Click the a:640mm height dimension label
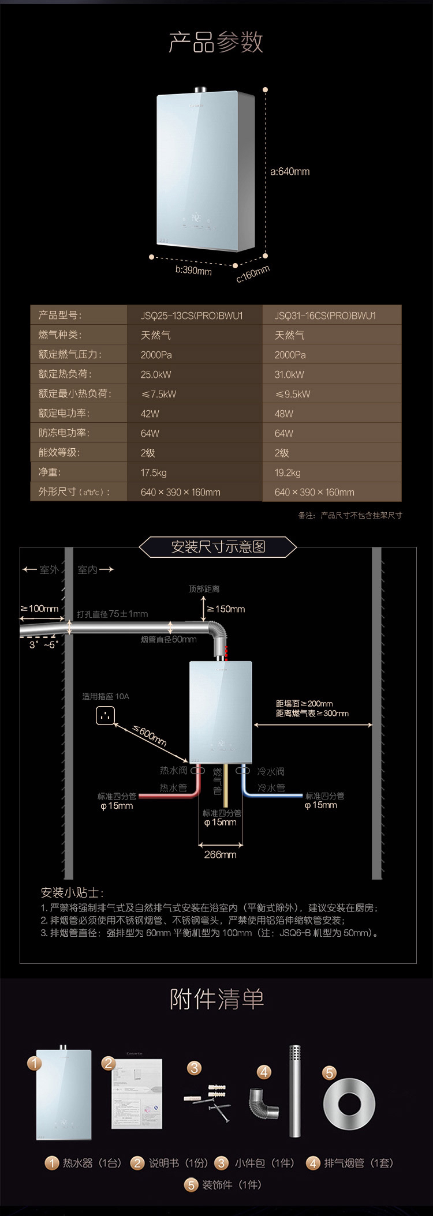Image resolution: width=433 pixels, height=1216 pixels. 290,171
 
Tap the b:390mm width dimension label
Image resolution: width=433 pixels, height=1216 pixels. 193,270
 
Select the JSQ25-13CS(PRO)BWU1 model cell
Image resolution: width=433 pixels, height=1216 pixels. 192,316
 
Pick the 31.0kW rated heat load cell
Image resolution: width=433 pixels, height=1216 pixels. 289,374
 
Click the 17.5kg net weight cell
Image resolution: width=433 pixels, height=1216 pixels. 154,472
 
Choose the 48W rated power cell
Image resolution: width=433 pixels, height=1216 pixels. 284,414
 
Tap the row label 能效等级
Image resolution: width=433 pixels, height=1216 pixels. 59,453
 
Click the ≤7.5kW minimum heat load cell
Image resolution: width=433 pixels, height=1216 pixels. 159,394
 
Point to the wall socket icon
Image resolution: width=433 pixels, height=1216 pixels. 105,716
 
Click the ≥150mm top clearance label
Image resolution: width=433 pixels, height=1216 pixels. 226,609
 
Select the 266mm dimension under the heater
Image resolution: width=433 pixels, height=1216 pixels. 220,854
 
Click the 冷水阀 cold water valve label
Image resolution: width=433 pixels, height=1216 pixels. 271,771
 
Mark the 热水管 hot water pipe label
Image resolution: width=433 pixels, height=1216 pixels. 173,787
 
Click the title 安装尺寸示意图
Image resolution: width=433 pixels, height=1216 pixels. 218,546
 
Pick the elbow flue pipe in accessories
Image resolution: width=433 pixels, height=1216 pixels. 264,1103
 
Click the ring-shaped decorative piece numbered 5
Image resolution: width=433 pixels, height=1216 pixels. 349,1104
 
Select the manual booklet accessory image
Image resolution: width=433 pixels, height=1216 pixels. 136,1093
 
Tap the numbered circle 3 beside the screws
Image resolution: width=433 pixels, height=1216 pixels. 195,1068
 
